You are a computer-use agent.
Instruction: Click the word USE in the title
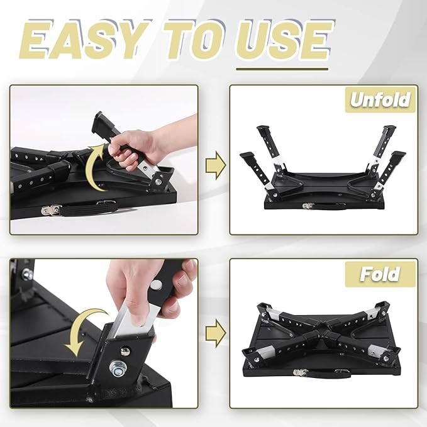[279, 42]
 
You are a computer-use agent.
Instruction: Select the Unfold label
[379, 100]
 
